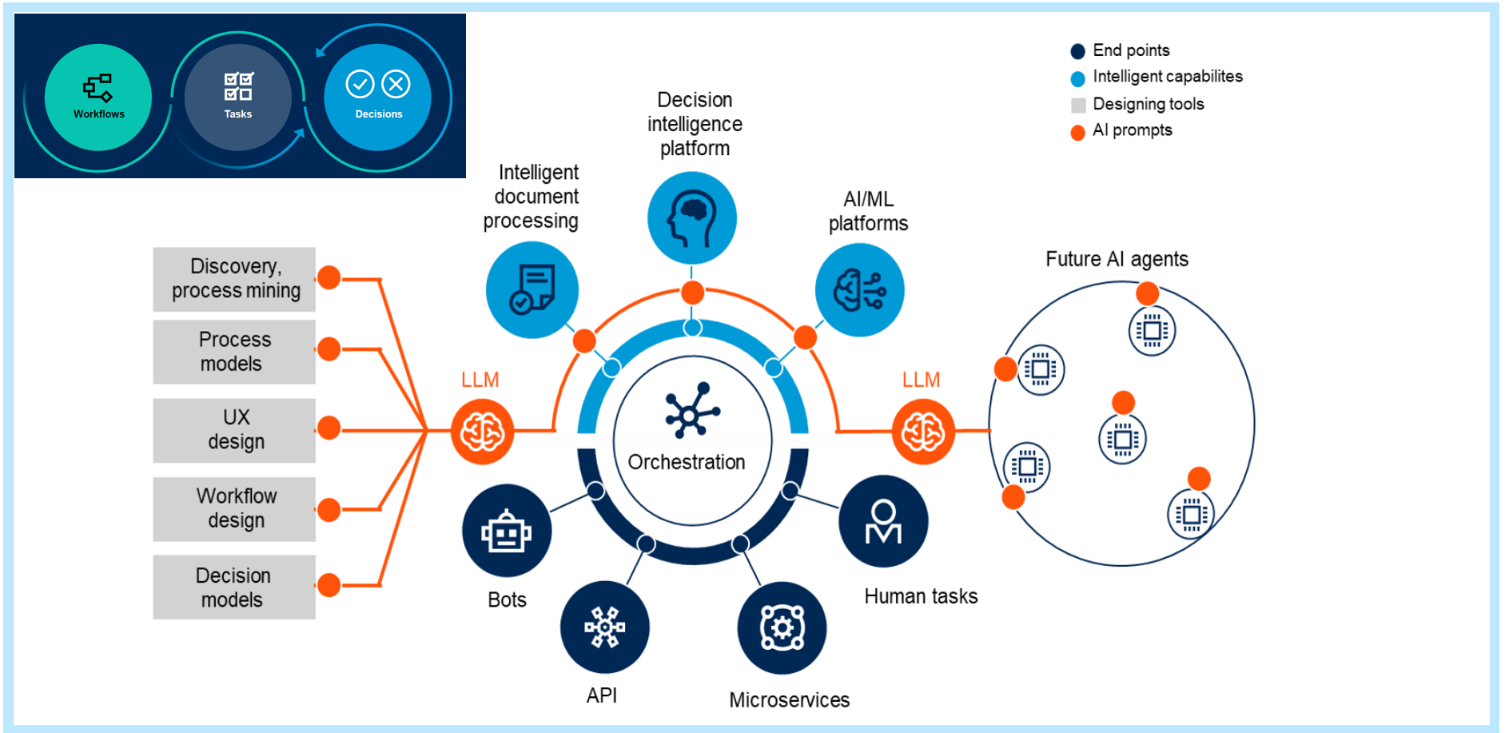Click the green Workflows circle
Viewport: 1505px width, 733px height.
point(98,98)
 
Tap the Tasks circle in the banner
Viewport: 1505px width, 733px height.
point(238,98)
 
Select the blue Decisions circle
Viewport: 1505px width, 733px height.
point(378,98)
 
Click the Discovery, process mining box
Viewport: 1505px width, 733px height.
point(234,279)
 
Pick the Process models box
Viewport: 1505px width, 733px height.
point(234,352)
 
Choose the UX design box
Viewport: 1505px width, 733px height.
point(234,430)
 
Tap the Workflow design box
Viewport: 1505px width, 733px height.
point(234,508)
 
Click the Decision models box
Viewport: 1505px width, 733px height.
point(234,587)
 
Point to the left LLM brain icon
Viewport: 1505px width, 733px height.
point(482,432)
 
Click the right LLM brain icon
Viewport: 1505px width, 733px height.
point(923,432)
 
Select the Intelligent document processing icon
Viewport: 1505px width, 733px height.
point(532,289)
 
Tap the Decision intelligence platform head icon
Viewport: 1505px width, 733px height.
point(692,218)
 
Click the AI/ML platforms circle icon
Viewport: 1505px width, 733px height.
point(860,289)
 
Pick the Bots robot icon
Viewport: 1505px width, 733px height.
point(507,532)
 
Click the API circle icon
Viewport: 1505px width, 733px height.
point(605,627)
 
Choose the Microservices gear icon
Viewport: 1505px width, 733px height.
point(782,628)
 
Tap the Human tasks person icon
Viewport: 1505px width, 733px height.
point(883,522)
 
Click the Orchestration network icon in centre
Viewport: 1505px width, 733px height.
point(692,411)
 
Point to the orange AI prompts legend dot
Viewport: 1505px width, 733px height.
point(1078,132)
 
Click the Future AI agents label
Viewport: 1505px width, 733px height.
point(1117,259)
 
